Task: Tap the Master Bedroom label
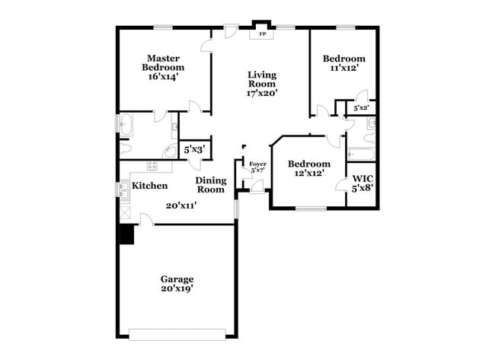click(x=163, y=62)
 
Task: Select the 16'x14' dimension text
click(x=163, y=77)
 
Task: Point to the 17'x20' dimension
click(x=261, y=94)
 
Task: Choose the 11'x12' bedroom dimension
click(x=343, y=68)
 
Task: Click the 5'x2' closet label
click(x=361, y=108)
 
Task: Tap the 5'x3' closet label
click(x=193, y=150)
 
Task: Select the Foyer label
click(x=258, y=164)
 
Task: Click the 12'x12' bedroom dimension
click(x=309, y=173)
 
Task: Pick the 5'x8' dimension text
click(x=361, y=190)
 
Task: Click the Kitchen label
click(x=150, y=185)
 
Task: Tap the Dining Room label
click(x=211, y=184)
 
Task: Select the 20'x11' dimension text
click(x=183, y=205)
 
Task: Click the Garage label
click(x=177, y=279)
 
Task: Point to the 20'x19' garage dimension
click(x=177, y=289)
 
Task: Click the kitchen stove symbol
click(x=152, y=166)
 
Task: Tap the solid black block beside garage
click(x=126, y=234)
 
